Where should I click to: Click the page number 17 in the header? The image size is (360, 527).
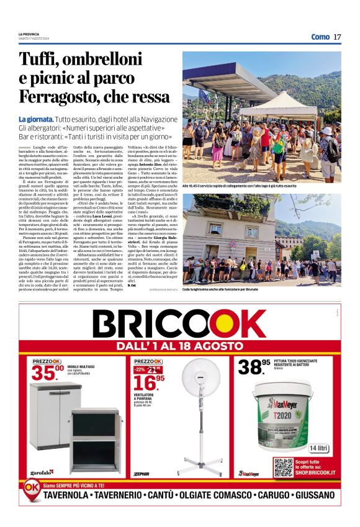[337, 37]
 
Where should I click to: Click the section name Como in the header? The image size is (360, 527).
[320, 37]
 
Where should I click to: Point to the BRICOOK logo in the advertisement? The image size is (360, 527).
[179, 325]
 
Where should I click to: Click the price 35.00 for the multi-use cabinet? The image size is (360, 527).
[48, 372]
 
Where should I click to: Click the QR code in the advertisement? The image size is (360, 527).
[283, 466]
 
